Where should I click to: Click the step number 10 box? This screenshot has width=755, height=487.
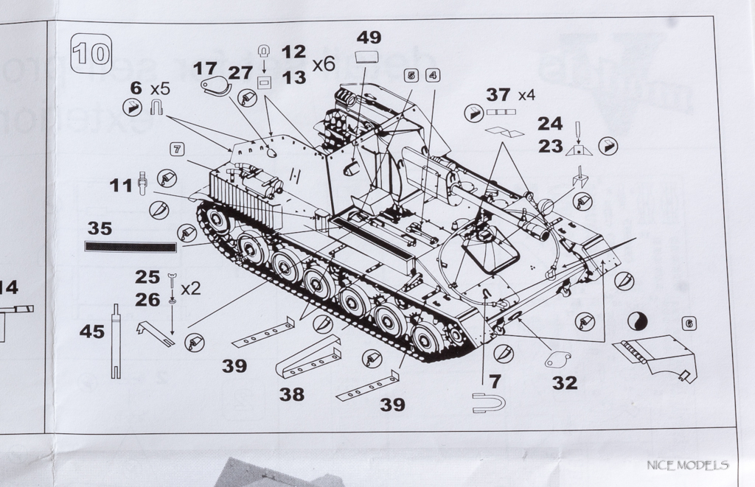tap(91, 53)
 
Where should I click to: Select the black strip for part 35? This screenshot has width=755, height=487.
tap(131, 246)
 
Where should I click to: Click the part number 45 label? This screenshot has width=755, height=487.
tap(92, 332)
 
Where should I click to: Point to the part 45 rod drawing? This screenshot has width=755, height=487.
tap(116, 342)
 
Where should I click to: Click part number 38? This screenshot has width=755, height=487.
tap(291, 394)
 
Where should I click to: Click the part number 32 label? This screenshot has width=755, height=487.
tap(565, 382)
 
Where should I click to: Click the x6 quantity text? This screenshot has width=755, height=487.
tap(324, 64)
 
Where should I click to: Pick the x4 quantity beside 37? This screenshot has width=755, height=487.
tap(526, 95)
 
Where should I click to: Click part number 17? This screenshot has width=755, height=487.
tap(205, 69)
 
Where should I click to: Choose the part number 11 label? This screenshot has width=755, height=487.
tap(121, 185)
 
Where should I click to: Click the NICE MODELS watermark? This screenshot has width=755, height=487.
tap(687, 465)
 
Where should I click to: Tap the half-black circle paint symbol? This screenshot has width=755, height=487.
tap(636, 321)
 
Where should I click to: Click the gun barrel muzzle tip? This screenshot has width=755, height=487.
tap(544, 234)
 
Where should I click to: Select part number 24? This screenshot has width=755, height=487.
tap(550, 123)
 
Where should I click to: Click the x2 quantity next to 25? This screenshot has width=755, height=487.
tap(191, 287)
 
